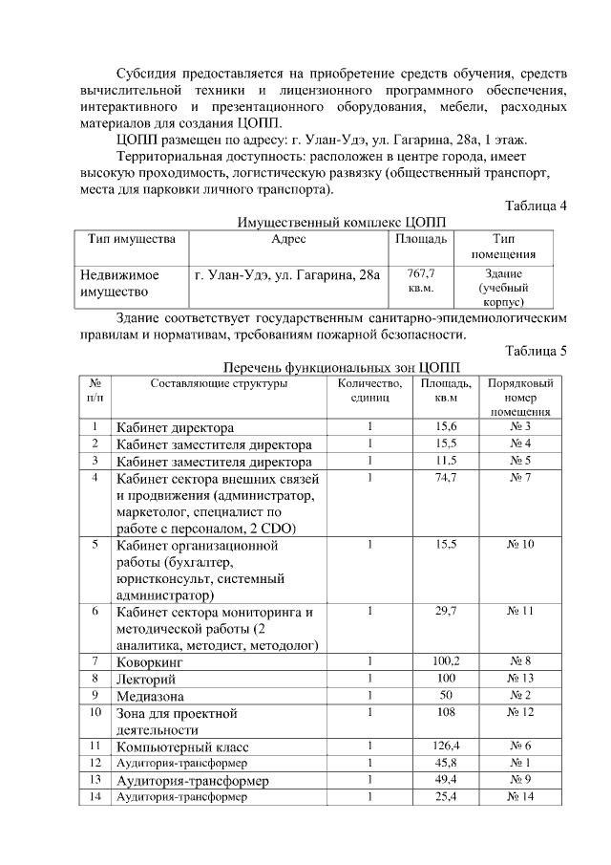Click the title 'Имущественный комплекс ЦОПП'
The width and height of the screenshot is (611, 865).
pyautogui.click(x=341, y=222)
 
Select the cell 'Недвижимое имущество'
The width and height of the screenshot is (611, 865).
pyautogui.click(x=120, y=282)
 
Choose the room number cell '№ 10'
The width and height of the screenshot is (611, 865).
pyautogui.click(x=520, y=544)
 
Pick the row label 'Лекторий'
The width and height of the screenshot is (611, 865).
pyautogui.click(x=147, y=679)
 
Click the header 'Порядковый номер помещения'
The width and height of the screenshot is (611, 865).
pyautogui.click(x=520, y=397)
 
